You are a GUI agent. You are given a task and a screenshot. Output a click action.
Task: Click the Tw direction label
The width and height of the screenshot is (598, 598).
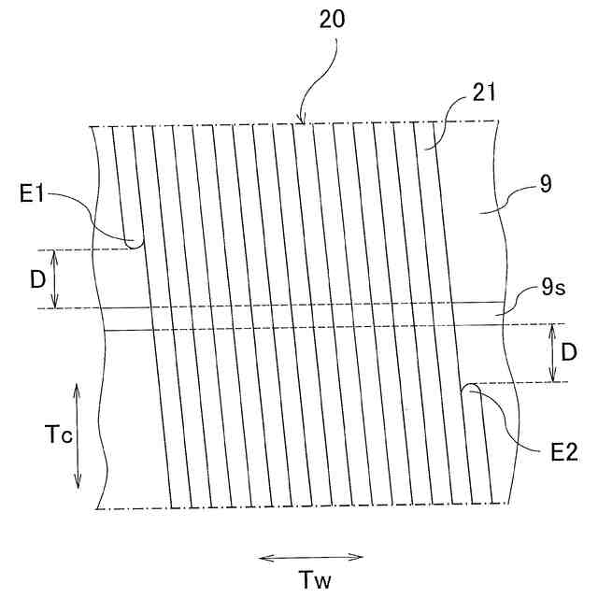310,579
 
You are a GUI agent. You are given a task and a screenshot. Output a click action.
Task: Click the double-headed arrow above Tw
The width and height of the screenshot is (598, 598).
310,558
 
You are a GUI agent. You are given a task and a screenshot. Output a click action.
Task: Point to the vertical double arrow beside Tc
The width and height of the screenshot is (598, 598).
77,434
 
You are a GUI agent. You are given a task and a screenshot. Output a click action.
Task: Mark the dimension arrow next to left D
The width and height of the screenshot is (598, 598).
57,278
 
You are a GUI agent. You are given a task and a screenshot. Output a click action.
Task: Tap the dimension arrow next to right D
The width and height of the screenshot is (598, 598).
553,352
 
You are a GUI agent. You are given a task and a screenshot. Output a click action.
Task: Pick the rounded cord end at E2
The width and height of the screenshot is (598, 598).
471,386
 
